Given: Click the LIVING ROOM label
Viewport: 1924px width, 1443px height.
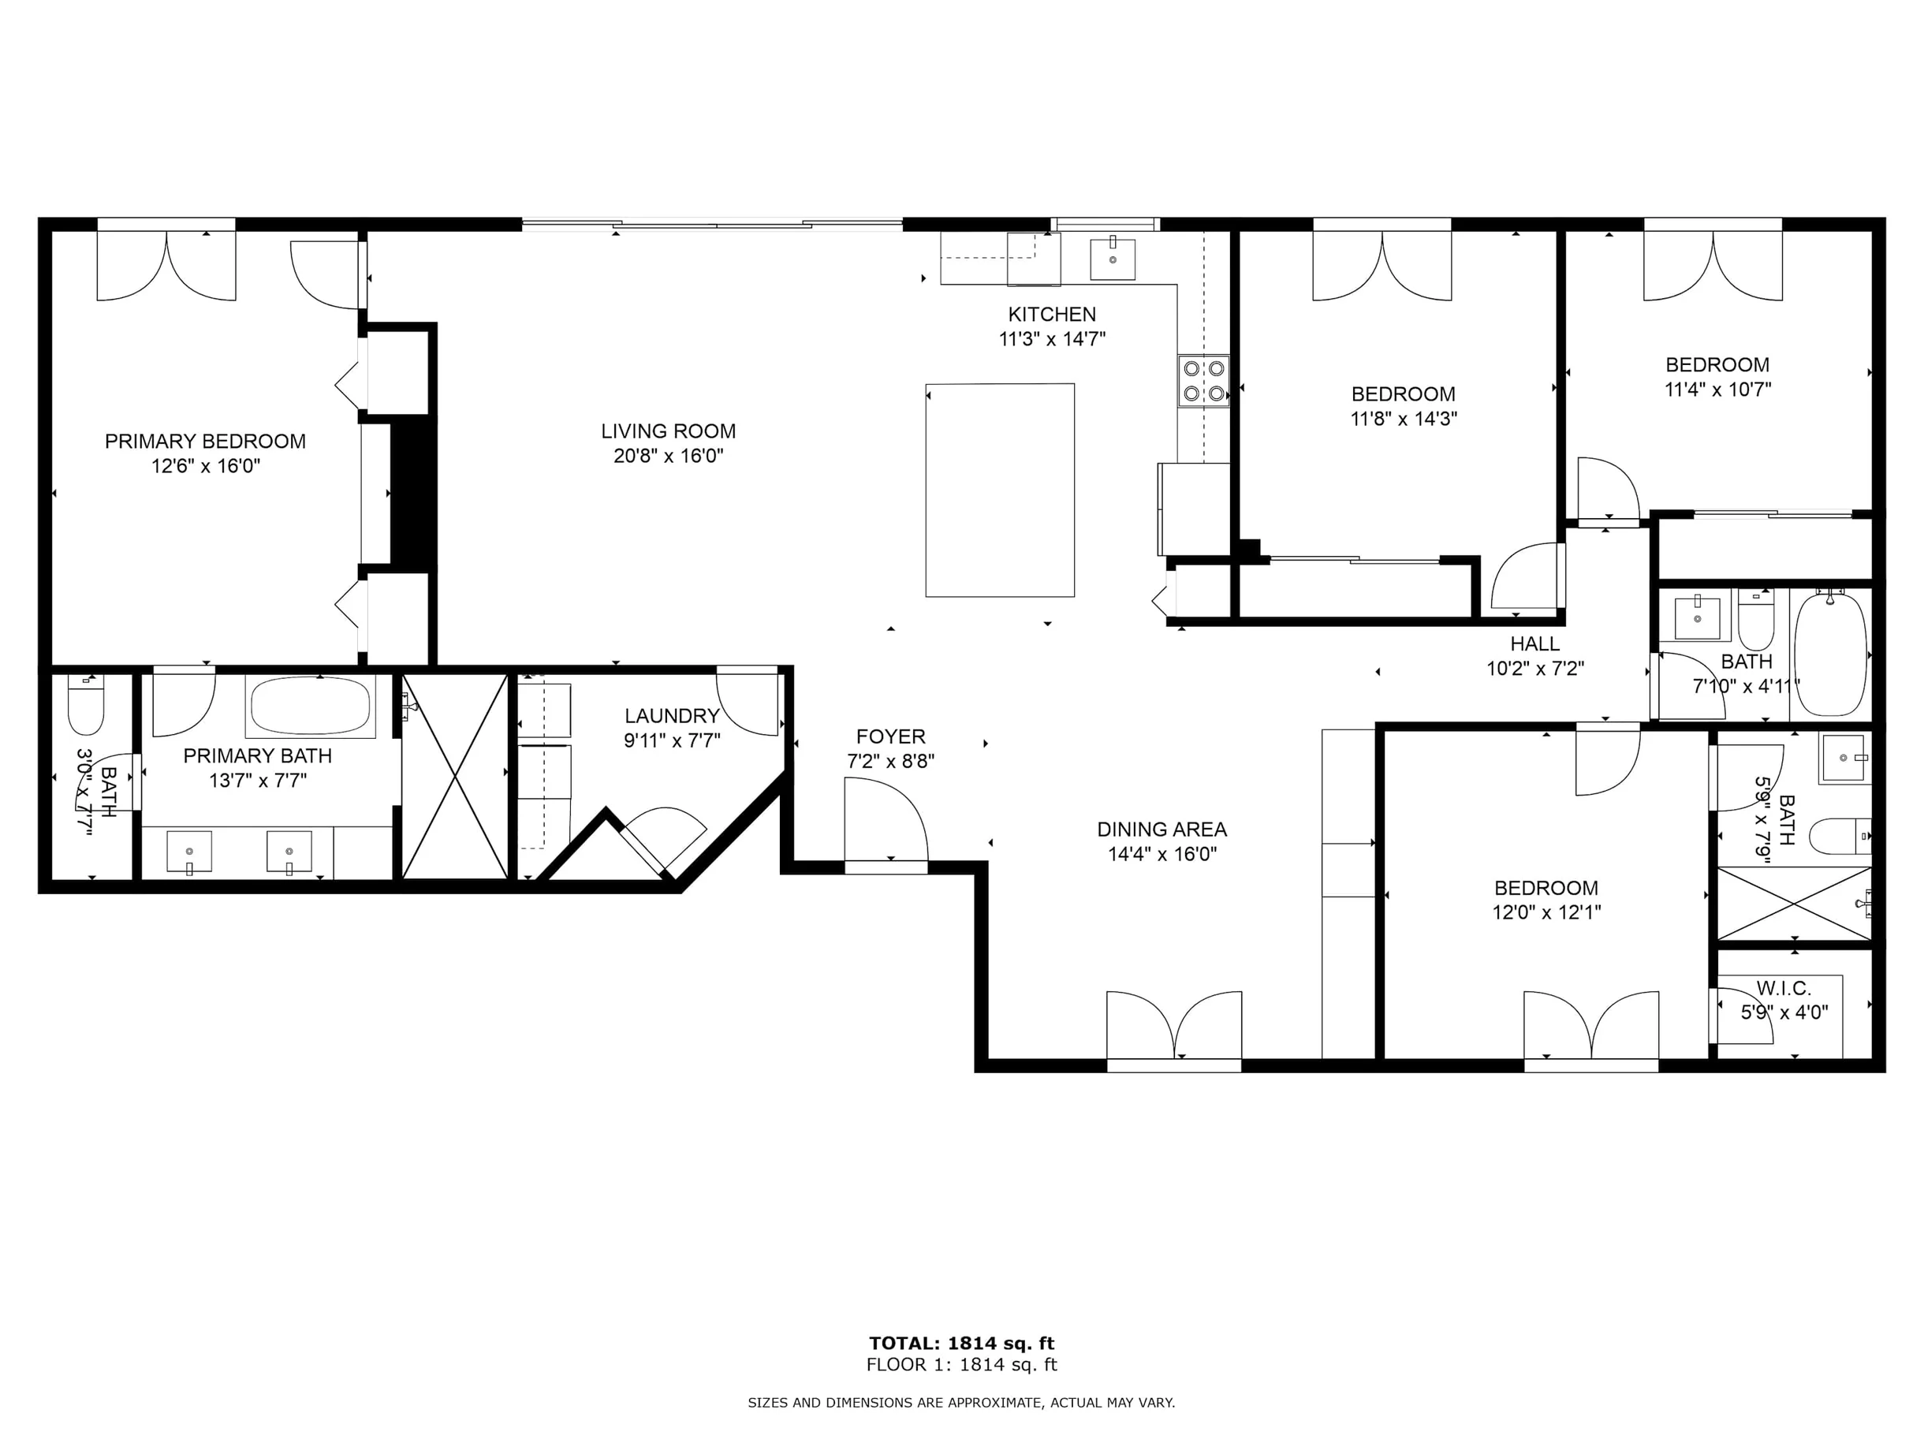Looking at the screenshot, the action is [668, 431].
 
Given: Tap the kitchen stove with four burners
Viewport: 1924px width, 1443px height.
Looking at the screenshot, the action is [1204, 381].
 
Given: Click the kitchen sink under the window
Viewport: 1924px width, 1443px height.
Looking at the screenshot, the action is [1113, 259].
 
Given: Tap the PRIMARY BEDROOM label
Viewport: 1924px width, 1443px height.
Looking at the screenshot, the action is [205, 441].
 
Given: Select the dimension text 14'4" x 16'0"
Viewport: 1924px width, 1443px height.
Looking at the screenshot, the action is [1162, 854].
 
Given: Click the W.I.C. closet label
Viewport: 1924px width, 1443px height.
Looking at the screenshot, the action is [1784, 988].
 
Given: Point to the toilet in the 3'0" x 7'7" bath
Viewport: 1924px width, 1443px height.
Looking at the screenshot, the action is [86, 704].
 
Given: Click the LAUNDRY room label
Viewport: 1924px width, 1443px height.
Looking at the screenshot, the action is [673, 716].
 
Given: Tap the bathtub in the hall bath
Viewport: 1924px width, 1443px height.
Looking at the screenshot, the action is [1830, 653].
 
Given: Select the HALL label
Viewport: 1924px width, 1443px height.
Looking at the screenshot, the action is [1535, 643].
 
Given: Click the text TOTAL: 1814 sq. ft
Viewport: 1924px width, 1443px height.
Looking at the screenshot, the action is [962, 1343].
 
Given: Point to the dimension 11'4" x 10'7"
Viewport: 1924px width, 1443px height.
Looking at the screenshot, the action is [1718, 390].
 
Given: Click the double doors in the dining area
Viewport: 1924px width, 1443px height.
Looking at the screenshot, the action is [1174, 1026].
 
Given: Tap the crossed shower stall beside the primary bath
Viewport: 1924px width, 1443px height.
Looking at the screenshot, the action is [455, 777].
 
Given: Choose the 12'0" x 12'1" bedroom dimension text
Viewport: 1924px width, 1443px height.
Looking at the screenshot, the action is [1546, 912].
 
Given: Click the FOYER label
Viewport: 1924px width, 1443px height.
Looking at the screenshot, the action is [891, 736].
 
